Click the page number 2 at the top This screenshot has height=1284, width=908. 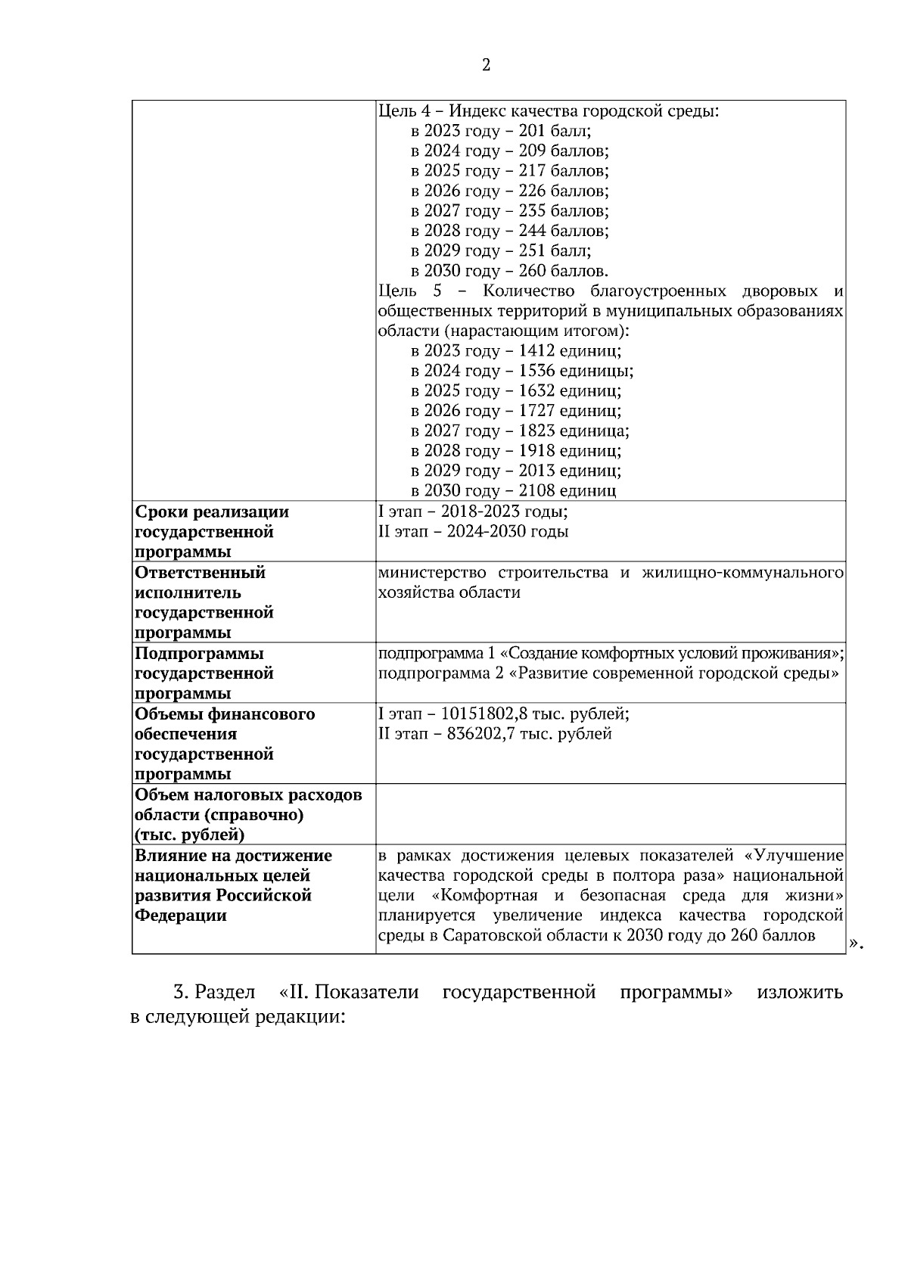[x=486, y=66]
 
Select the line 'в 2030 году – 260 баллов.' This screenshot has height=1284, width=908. [x=509, y=271]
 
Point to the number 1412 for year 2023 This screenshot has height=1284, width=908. [x=536, y=351]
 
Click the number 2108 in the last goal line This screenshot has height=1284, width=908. [x=536, y=490]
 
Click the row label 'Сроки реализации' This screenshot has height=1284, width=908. [x=211, y=512]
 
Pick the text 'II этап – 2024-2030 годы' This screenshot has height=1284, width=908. [x=472, y=532]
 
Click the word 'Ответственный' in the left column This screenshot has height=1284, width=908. [x=200, y=573]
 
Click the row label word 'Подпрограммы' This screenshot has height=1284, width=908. [x=199, y=654]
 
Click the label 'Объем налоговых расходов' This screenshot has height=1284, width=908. [x=248, y=795]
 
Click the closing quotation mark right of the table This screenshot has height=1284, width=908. [x=855, y=943]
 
